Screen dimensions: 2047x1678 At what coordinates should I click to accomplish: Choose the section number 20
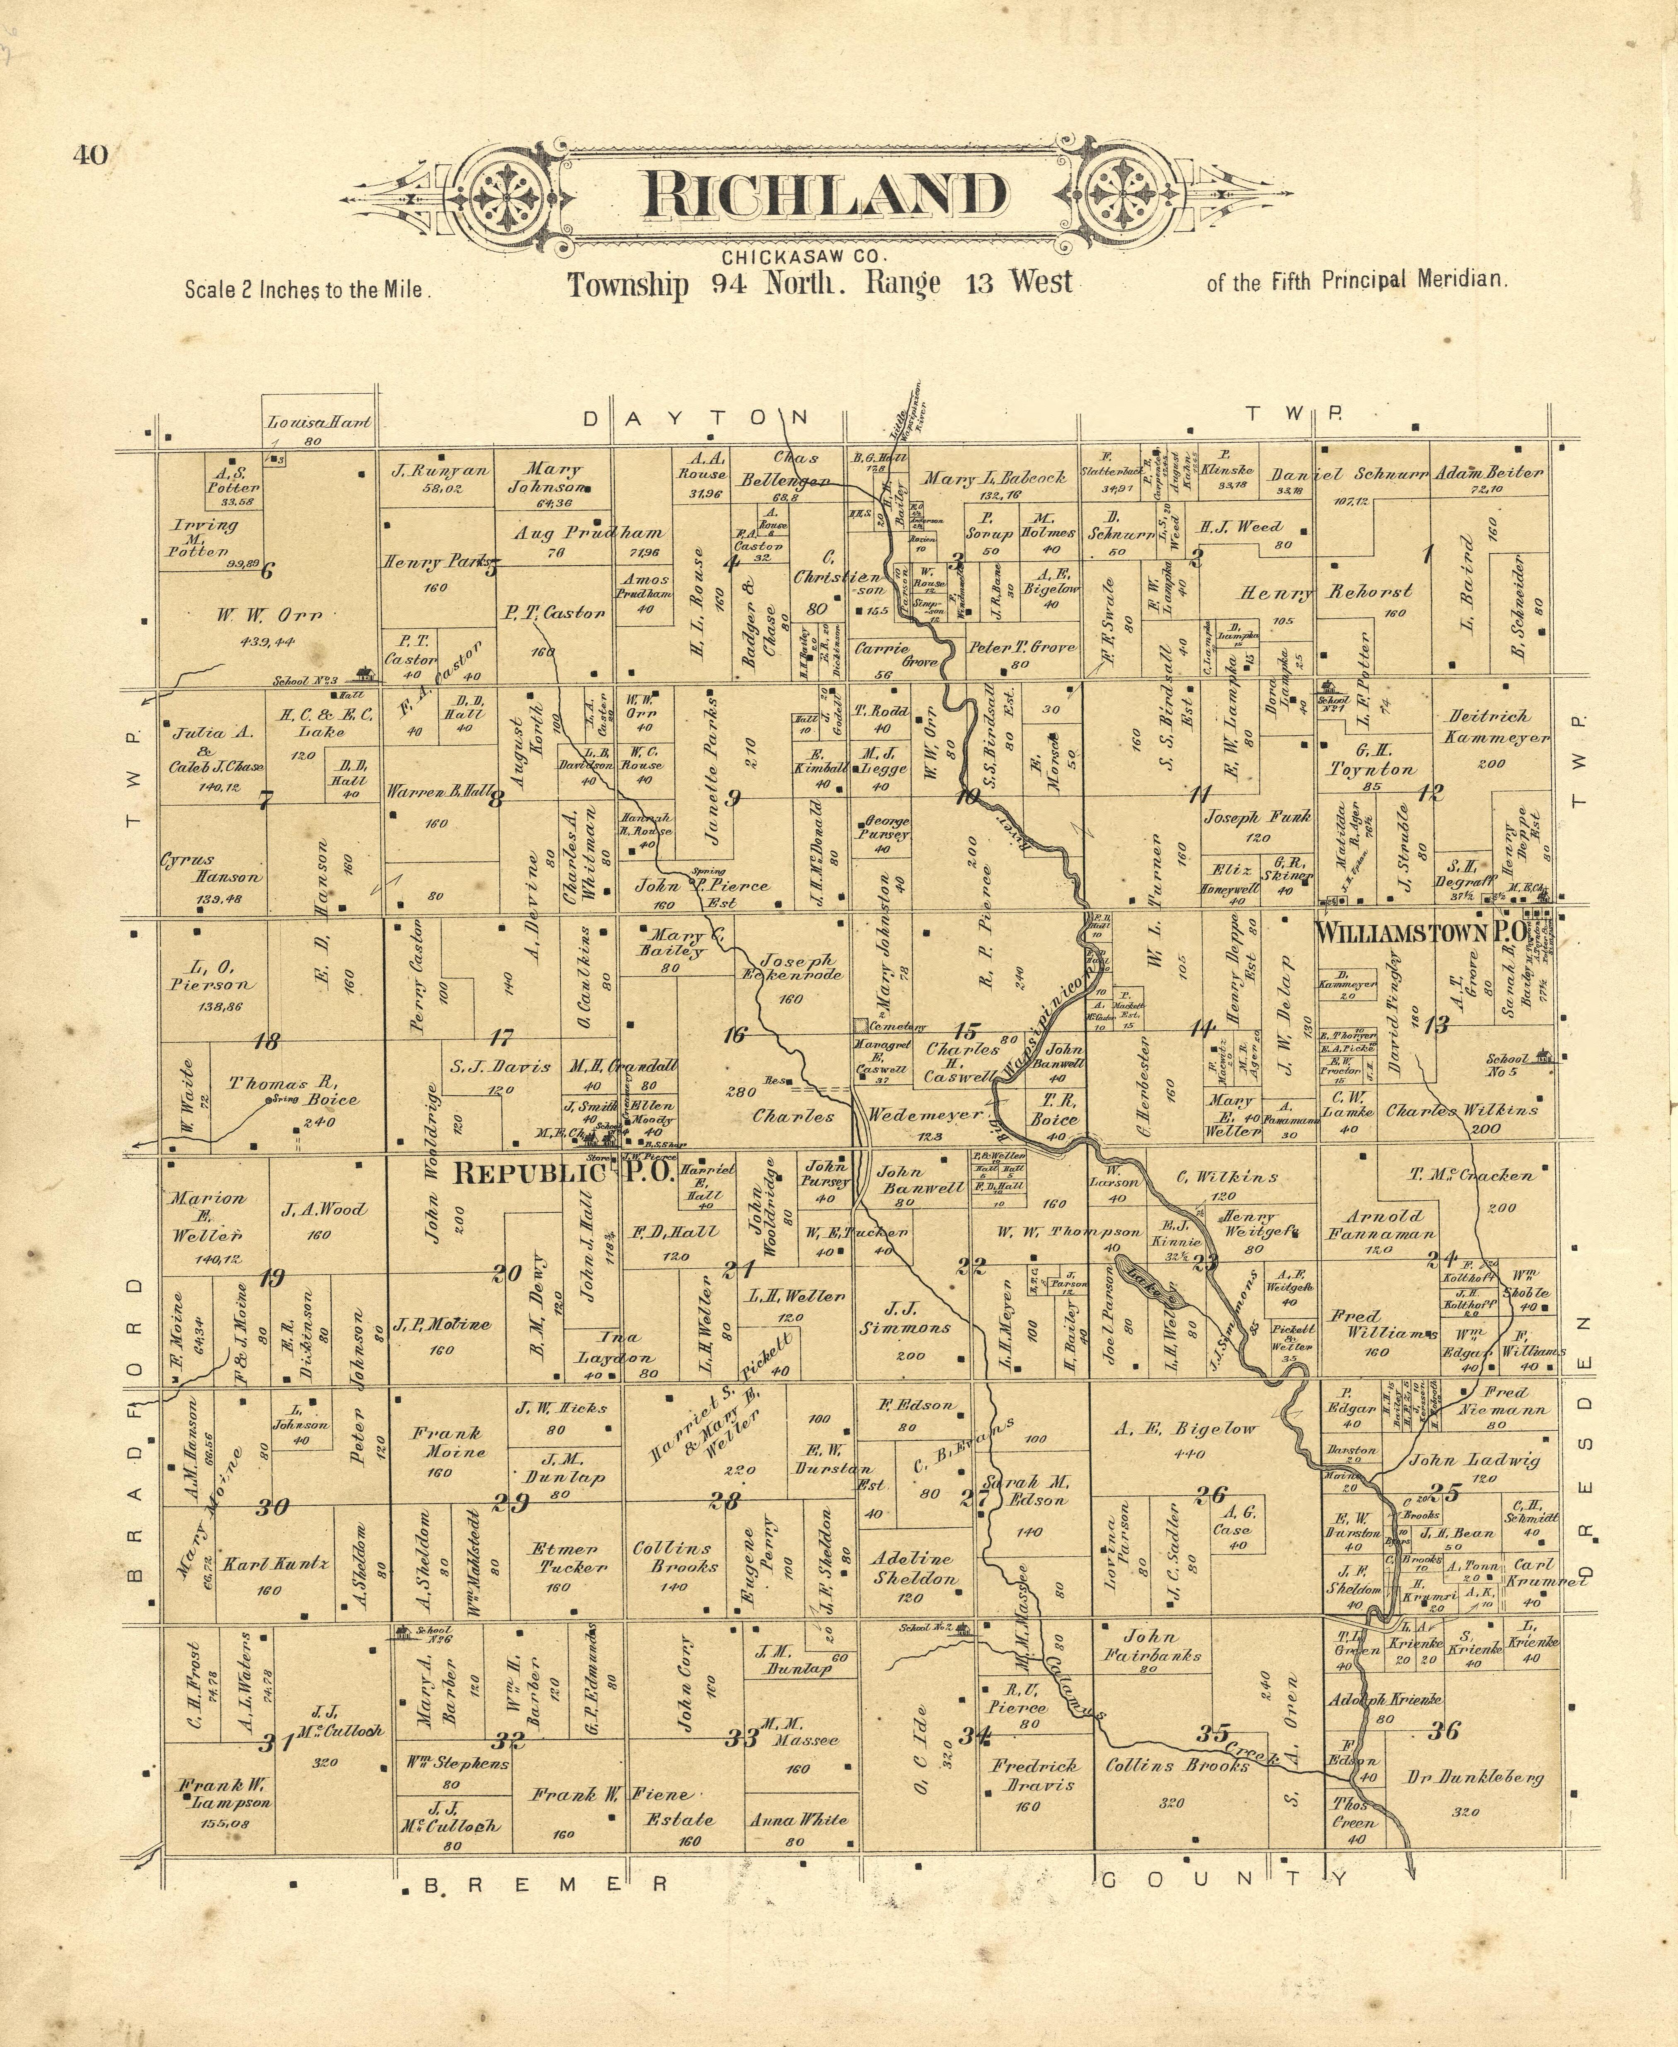click(x=506, y=1273)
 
